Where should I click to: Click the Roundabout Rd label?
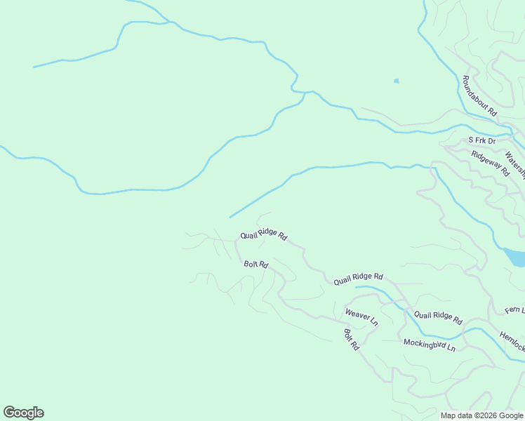479,95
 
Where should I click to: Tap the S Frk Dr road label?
482,141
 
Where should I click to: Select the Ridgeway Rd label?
490,163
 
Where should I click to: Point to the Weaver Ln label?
361,317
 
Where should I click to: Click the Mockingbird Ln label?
429,345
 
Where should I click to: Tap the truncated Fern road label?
514,309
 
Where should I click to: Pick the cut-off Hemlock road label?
512,341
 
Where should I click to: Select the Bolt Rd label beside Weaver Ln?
351,340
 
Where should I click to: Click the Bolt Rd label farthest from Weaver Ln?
256,265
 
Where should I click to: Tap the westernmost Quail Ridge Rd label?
263,236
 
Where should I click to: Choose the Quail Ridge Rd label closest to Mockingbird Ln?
438,318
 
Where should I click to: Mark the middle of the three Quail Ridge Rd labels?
358,279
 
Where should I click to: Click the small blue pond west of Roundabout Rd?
397,81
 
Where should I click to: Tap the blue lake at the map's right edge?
515,257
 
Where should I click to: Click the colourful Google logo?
23,413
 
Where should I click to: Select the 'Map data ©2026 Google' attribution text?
481,415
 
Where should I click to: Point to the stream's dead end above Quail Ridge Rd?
230,217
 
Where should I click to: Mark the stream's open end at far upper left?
34,67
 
